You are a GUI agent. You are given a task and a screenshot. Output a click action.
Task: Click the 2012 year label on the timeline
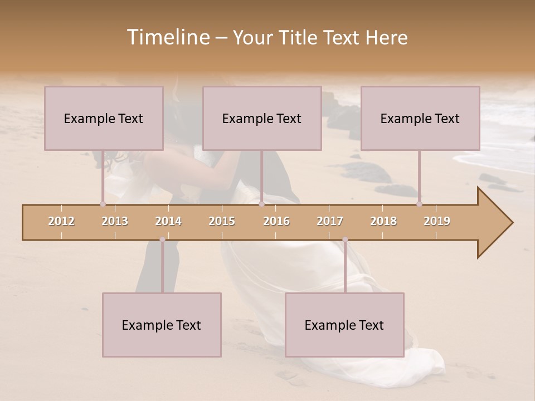pyautogui.click(x=61, y=222)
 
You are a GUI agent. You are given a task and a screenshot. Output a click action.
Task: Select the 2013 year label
pyautogui.click(x=115, y=222)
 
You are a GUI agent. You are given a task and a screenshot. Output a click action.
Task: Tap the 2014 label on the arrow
pyautogui.click(x=168, y=222)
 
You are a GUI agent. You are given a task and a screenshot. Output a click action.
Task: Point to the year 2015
pyautogui.click(x=222, y=222)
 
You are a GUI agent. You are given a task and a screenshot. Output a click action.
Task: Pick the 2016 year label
pyautogui.click(x=276, y=222)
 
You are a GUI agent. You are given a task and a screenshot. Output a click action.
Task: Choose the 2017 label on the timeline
pyautogui.click(x=330, y=222)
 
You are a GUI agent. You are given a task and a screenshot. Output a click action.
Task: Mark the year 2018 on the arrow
pyautogui.click(x=383, y=222)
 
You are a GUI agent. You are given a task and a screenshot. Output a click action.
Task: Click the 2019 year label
pyautogui.click(x=437, y=222)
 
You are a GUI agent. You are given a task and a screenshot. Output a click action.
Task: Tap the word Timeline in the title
pyautogui.click(x=167, y=37)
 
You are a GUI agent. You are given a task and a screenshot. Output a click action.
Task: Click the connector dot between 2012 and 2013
pyautogui.click(x=103, y=204)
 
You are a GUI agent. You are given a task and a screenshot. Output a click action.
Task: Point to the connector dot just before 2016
pyautogui.click(x=261, y=204)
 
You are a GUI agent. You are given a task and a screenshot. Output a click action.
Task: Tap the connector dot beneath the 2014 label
pyautogui.click(x=162, y=239)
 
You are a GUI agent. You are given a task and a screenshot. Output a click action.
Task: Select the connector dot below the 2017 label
pyautogui.click(x=345, y=239)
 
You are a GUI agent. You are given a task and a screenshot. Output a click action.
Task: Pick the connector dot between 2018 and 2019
pyautogui.click(x=419, y=204)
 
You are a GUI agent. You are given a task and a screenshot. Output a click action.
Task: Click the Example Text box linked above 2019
pyautogui.click(x=420, y=118)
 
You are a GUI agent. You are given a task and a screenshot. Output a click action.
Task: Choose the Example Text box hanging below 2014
pyautogui.click(x=162, y=325)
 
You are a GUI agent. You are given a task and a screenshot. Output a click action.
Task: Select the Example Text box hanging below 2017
pyautogui.click(x=344, y=325)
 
